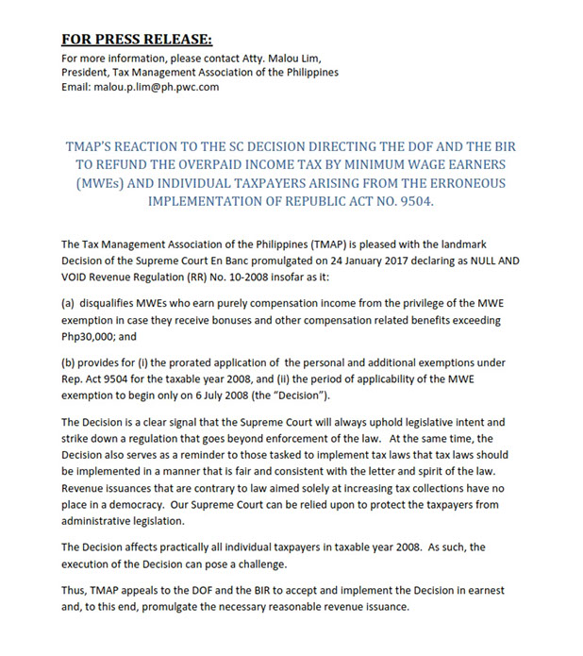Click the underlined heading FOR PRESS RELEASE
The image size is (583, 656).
click(x=137, y=39)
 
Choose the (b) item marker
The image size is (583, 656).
click(x=69, y=362)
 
